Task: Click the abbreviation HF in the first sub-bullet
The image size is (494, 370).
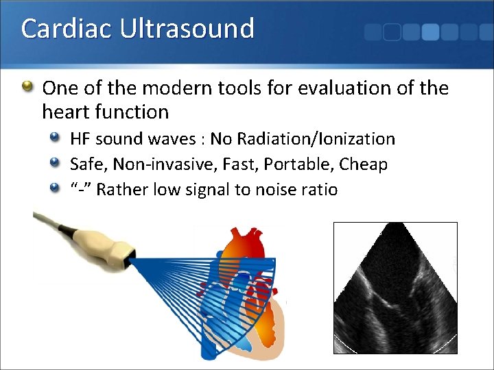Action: [80, 139]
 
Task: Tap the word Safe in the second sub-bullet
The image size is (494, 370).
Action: [89, 164]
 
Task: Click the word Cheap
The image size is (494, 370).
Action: [368, 164]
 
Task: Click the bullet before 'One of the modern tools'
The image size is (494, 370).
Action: [27, 87]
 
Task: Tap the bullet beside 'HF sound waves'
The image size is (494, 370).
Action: [56, 139]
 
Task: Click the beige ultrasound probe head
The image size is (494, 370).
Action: [110, 249]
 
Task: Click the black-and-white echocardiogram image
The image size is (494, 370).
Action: [395, 288]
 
